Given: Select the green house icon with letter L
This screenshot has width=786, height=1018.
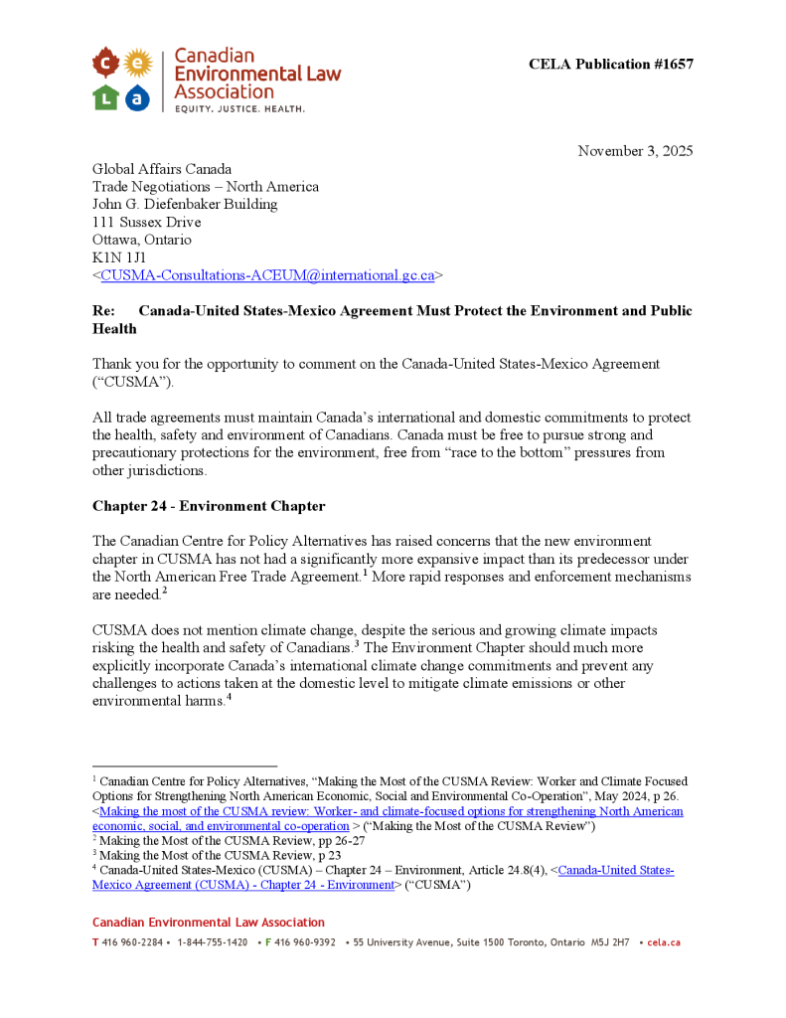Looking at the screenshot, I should [106, 96].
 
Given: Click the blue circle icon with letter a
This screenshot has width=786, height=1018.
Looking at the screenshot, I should [137, 96].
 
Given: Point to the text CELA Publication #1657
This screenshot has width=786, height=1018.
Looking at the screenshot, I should [610, 65].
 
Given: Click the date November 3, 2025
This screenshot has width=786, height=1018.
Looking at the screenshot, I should [635, 151].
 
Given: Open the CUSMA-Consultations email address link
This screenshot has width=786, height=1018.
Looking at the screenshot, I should [267, 275].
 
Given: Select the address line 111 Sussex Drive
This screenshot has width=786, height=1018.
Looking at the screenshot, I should [146, 222].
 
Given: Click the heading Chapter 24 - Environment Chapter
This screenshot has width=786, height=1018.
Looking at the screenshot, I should [209, 506].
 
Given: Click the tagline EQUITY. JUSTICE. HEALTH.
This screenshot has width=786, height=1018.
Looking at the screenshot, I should [239, 108].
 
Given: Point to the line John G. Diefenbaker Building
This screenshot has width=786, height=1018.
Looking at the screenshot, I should [185, 204].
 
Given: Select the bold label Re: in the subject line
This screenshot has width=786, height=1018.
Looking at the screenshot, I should [103, 311].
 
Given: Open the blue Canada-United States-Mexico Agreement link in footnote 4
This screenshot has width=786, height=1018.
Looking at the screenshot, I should [616, 871].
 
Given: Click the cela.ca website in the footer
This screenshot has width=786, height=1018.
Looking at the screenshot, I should [664, 942].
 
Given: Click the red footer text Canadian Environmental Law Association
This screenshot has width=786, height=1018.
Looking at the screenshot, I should [209, 923].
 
